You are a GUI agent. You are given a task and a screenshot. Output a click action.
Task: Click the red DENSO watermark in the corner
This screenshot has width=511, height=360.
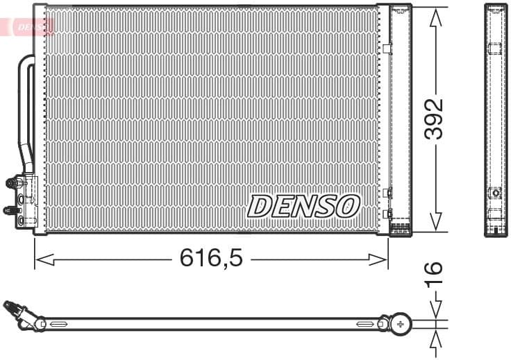click(32, 27)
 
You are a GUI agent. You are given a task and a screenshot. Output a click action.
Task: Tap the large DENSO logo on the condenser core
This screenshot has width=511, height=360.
click(304, 206)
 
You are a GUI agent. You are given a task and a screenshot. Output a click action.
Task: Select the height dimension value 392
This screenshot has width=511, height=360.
click(434, 119)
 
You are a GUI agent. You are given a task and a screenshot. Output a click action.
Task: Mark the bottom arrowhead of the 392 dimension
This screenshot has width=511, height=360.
click(435, 221)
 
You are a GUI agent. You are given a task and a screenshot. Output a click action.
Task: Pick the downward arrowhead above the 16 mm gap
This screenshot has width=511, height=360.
click(435, 310)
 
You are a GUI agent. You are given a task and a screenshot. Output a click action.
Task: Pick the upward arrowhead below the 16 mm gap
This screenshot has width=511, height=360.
click(435, 338)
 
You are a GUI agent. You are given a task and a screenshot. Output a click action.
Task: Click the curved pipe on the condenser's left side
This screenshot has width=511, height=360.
click(26, 111)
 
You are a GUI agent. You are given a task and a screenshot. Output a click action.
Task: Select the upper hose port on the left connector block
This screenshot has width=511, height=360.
click(12, 183)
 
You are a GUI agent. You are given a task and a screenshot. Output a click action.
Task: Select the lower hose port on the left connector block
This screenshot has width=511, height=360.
click(10, 209)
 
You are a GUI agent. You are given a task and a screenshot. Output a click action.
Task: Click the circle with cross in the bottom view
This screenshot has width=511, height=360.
click(401, 323)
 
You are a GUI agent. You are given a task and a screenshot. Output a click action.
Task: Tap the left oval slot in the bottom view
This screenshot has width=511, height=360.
click(58, 324)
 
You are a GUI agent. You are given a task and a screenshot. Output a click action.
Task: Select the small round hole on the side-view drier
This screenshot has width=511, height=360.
click(495, 193)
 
